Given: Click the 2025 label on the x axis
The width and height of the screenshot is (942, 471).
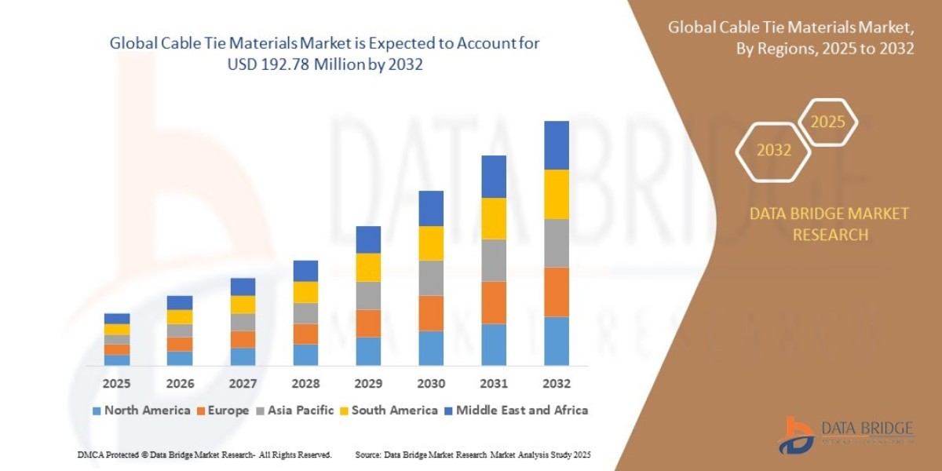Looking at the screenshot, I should click(116, 384).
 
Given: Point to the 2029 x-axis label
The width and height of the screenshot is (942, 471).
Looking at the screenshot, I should click(368, 384).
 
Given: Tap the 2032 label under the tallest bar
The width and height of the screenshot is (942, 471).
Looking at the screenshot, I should click(556, 384).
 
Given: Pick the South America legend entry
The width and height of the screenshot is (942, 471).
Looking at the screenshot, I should click(394, 410).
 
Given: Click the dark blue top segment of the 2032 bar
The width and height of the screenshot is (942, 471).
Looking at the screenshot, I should click(556, 145).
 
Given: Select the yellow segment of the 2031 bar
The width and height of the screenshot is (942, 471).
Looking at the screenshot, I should click(494, 218).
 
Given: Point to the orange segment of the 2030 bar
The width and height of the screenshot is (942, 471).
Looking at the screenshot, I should click(431, 313).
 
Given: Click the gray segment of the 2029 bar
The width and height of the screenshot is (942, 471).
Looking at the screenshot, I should click(368, 295).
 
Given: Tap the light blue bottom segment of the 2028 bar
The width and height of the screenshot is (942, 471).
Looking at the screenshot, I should click(305, 355).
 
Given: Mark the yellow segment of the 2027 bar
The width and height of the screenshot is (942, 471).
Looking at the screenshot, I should click(243, 305).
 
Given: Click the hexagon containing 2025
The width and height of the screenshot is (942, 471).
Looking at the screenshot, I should click(827, 122).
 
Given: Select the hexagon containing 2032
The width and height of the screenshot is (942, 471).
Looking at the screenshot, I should click(773, 150).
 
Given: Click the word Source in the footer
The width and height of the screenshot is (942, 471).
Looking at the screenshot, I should click(368, 455).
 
